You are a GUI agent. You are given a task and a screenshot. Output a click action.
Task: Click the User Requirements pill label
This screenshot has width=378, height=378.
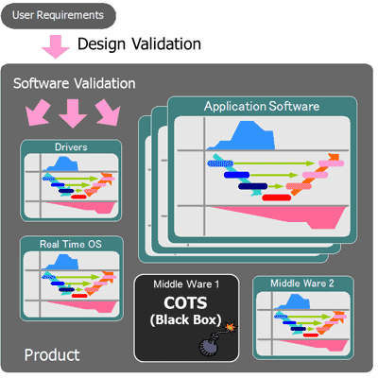click(x=58, y=15)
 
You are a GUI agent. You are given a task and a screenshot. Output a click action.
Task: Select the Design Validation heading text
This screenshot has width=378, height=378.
click(x=139, y=43)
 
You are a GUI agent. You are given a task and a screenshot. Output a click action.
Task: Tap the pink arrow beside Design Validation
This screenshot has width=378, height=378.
click(x=56, y=46)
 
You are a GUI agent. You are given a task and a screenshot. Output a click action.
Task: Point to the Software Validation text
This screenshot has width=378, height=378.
click(x=75, y=83)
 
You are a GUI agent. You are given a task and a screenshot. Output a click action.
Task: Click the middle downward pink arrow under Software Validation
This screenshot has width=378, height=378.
click(x=73, y=113)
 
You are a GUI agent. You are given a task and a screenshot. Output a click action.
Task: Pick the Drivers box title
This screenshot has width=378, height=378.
click(x=71, y=147)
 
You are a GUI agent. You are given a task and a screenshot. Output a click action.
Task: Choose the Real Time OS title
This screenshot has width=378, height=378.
click(x=71, y=244)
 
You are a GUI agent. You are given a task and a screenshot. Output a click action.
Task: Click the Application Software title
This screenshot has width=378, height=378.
click(x=262, y=106)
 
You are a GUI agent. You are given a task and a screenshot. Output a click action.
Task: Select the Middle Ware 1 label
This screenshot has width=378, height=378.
click(x=186, y=284)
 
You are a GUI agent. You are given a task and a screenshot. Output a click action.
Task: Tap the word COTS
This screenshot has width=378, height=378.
click(x=185, y=302)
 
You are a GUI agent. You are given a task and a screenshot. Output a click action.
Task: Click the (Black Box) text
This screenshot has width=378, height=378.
click(x=185, y=319)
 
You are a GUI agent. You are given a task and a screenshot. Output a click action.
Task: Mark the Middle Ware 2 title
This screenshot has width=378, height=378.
click(x=302, y=283)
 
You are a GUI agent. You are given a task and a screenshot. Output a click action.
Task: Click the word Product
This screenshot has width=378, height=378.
click(x=52, y=355)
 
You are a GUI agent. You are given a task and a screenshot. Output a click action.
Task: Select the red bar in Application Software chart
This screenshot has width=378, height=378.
click(x=277, y=198)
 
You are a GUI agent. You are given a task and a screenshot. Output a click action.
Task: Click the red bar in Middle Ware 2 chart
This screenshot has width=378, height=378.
click(x=311, y=335)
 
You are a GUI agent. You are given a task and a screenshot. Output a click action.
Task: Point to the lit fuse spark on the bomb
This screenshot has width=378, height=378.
click(x=232, y=326)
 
